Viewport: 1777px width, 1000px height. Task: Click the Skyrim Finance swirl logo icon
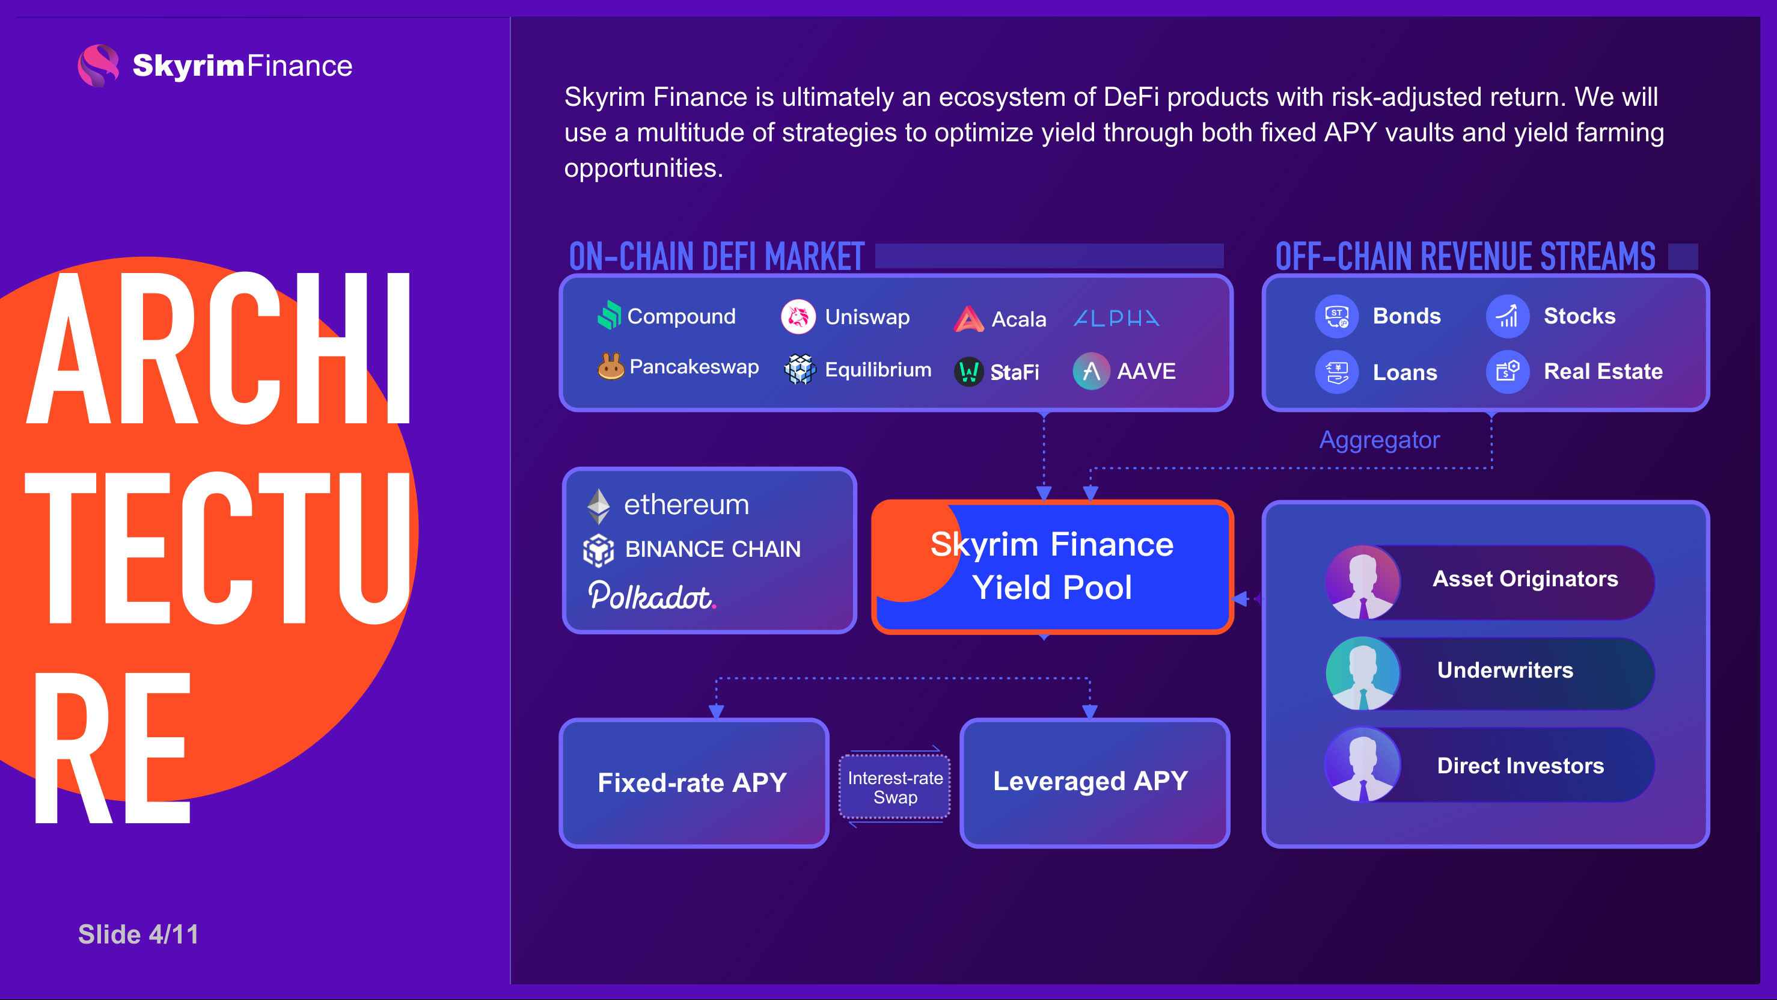pos(98,66)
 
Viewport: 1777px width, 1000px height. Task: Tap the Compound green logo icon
pos(609,315)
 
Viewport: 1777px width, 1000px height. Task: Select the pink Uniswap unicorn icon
pos(798,317)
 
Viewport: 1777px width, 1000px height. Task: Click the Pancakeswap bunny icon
pos(611,366)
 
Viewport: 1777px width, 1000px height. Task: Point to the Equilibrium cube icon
pos(800,370)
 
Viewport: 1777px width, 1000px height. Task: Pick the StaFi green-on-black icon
pos(968,372)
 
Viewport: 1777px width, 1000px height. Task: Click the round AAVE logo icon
pos(1091,371)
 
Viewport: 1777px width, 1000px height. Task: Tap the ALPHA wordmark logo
pos(1117,318)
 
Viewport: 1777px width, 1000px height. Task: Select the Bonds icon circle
pos(1337,316)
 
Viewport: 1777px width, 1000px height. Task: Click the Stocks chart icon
pos(1508,316)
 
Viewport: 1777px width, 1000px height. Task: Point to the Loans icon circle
pos(1337,372)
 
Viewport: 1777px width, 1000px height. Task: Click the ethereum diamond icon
pos(598,506)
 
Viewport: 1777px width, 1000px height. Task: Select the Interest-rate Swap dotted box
pos(895,787)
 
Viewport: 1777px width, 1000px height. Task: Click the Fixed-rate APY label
pos(692,782)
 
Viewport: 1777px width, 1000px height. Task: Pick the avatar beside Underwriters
pos(1363,673)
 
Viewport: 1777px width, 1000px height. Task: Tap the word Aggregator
pos(1380,440)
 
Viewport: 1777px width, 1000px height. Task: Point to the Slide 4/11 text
pos(139,934)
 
